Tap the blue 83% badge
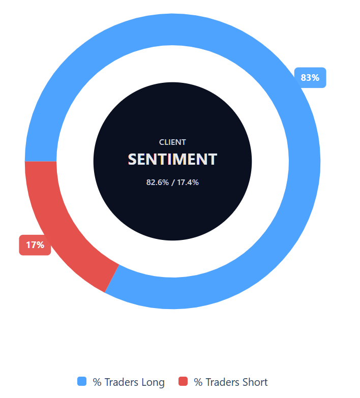(x=310, y=78)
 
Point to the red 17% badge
(x=35, y=245)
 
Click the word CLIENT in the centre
(x=172, y=142)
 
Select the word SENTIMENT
(x=172, y=159)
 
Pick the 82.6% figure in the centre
(x=157, y=182)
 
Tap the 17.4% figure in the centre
(x=188, y=182)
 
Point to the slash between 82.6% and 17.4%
(x=172, y=182)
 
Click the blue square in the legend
(x=82, y=381)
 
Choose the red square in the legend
(x=184, y=381)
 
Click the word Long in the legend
(x=152, y=382)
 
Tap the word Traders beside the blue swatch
(x=120, y=382)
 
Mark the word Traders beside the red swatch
(x=222, y=382)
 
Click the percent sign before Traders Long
(x=97, y=382)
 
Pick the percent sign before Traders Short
(x=198, y=382)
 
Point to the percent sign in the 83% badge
(x=315, y=78)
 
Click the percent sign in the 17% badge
(x=40, y=245)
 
